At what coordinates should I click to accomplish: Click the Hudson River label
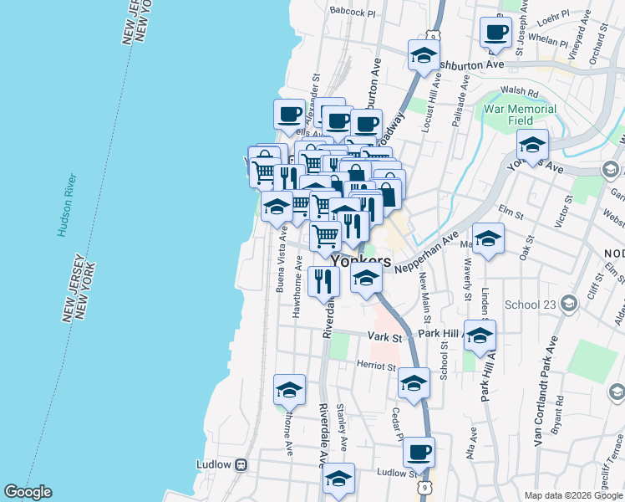point(66,206)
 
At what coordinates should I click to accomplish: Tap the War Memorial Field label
point(521,115)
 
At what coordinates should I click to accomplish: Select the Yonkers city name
point(361,261)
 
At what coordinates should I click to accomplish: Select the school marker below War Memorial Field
point(532,145)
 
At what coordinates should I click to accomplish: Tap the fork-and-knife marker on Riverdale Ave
point(323,281)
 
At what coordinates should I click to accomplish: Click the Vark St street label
point(386,337)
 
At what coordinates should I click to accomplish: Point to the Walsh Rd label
point(517,90)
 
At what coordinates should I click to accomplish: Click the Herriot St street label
point(378,366)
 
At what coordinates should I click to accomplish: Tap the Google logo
point(28,492)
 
